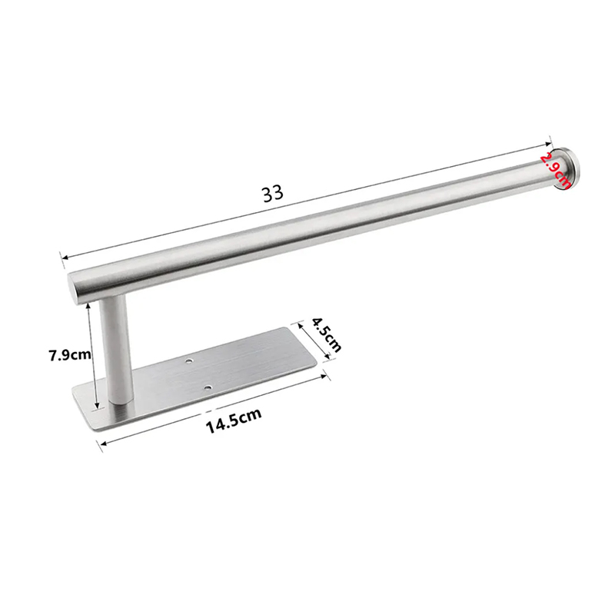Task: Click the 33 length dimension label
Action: pos(273,194)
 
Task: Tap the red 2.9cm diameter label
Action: pos(554,170)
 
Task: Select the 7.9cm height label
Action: pos(70,355)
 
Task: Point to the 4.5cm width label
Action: pos(326,335)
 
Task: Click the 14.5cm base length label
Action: pos(234,421)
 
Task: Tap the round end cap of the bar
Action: pos(567,168)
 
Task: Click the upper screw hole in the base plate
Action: pos(190,360)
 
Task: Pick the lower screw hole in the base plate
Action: pos(208,388)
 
